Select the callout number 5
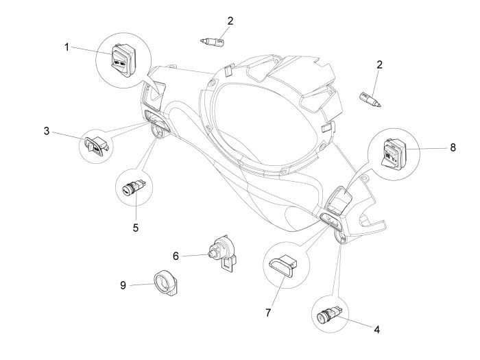click(x=136, y=226)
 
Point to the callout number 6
click(x=176, y=256)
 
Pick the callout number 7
click(x=268, y=313)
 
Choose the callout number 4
click(x=376, y=329)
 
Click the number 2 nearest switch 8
click(x=379, y=64)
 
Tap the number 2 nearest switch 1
click(x=230, y=21)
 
